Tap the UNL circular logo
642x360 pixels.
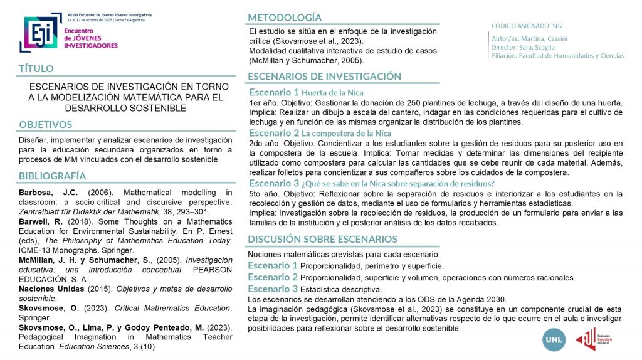(555, 340)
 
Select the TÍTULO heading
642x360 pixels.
(36, 68)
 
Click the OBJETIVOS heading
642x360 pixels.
(46, 124)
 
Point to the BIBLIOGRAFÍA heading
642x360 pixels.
(52, 176)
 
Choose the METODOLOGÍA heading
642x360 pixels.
(285, 17)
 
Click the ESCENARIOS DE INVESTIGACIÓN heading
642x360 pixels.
(324, 76)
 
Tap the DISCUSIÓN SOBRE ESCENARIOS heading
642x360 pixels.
(322, 239)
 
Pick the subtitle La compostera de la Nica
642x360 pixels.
(346, 134)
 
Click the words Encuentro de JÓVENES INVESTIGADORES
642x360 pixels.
(91, 38)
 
